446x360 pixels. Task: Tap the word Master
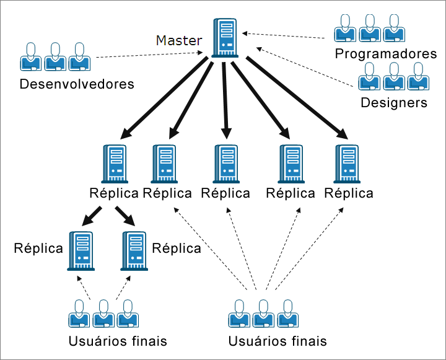[178, 41]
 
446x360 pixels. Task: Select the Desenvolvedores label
[77, 84]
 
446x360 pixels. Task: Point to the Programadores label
[385, 54]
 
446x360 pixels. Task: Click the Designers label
[394, 102]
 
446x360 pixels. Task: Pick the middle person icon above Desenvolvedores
[54, 57]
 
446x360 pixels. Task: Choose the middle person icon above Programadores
[370, 27]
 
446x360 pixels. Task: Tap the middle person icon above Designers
[392, 76]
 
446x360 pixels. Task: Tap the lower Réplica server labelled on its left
[81, 250]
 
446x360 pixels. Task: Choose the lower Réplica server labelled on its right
[134, 250]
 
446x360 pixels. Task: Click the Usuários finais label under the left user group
[118, 341]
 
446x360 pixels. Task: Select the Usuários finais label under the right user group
[277, 341]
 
